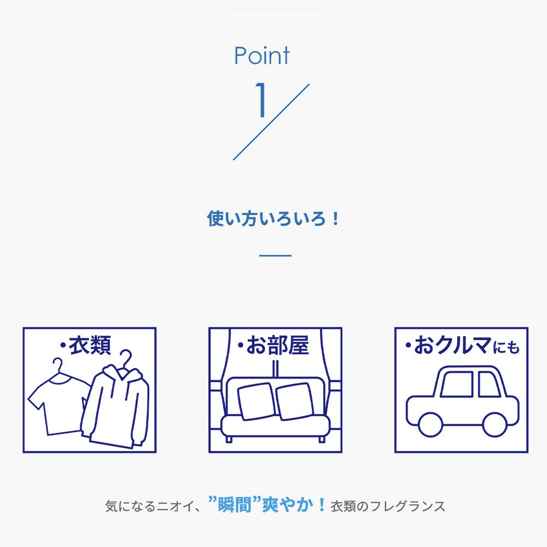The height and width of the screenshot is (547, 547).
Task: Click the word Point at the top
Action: (261, 55)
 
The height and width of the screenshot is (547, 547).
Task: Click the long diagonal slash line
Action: (271, 122)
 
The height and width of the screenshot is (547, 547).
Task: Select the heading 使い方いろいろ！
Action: (273, 219)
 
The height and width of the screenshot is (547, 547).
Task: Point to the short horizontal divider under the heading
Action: (275, 255)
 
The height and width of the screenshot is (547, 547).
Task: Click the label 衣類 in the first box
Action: (90, 345)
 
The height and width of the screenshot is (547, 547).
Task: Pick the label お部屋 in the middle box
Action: (278, 345)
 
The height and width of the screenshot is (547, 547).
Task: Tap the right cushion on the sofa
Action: (295, 401)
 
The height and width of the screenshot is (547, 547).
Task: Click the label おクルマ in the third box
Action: (453, 345)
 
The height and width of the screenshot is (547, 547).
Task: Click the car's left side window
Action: (457, 384)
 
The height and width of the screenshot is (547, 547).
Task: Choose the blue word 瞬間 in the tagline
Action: (235, 505)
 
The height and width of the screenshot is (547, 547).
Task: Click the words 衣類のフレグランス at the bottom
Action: (388, 506)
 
